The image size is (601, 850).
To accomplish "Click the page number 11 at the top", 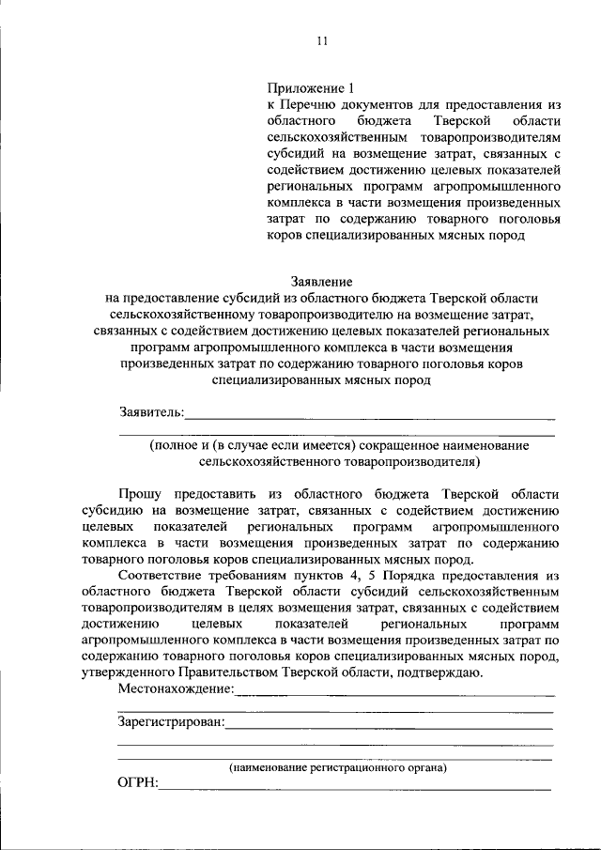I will coord(321,40).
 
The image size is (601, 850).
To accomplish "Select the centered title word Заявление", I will coord(321,281).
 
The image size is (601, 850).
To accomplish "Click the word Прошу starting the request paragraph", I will coord(141,492).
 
